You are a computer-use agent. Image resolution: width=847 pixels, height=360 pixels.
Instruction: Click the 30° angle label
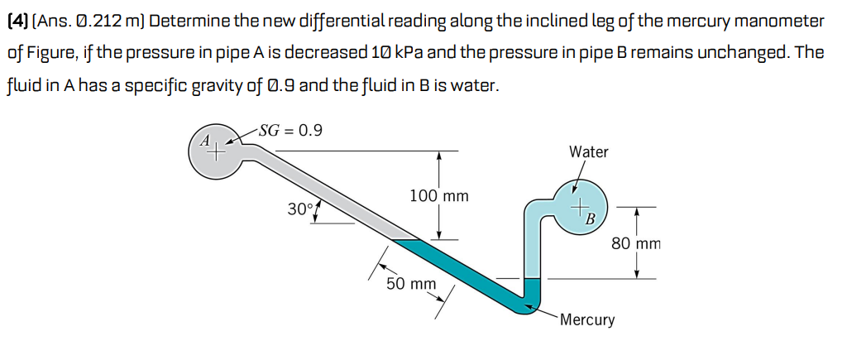pos(299,209)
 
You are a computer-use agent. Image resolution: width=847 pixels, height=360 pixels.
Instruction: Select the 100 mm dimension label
pos(438,196)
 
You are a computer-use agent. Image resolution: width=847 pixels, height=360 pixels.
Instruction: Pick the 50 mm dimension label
pos(411,284)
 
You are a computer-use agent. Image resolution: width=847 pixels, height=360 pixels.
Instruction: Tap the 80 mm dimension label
pos(636,243)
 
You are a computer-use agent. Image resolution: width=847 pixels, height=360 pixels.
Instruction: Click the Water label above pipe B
pos(588,151)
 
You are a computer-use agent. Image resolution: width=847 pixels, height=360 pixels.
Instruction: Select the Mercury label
pos(586,319)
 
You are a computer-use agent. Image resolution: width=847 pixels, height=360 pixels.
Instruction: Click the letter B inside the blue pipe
pos(591,218)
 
